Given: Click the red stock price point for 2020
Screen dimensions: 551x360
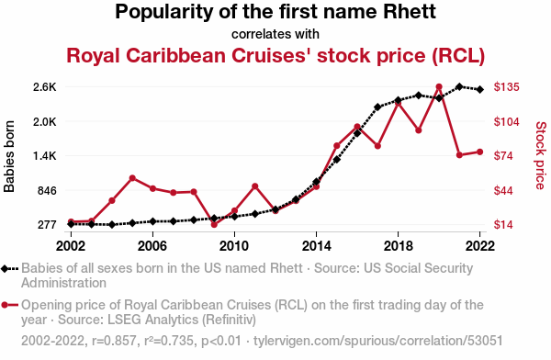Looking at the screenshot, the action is pyautogui.click(x=439, y=87).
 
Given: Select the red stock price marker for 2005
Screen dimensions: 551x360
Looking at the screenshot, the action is pyautogui.click(x=132, y=178).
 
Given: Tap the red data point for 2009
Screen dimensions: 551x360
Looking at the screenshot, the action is pyautogui.click(x=214, y=224).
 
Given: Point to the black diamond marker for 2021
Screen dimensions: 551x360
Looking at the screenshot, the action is pyautogui.click(x=459, y=86).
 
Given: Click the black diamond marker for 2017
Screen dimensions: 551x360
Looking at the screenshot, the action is pyautogui.click(x=377, y=107).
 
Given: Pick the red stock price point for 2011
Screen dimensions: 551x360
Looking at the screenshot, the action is pyautogui.click(x=255, y=186).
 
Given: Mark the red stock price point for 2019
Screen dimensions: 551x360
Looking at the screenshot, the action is pyautogui.click(x=418, y=130).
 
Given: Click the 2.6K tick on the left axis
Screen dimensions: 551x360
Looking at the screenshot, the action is pyautogui.click(x=45, y=87).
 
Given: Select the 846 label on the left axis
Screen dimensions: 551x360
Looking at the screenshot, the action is pyautogui.click(x=47, y=190).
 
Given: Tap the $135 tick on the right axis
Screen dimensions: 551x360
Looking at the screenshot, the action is pyautogui.click(x=506, y=87).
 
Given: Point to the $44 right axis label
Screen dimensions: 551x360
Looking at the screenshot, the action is pyautogui.click(x=503, y=190).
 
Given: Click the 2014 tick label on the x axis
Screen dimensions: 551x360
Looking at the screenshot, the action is pyautogui.click(x=316, y=246).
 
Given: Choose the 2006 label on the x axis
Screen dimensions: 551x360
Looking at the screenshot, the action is pyautogui.click(x=152, y=246).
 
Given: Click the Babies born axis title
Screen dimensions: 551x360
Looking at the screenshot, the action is pyautogui.click(x=9, y=156).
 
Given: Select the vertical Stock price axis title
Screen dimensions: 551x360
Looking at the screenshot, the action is pyautogui.click(x=541, y=155).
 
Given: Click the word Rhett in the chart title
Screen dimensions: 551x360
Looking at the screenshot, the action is pyautogui.click(x=410, y=12).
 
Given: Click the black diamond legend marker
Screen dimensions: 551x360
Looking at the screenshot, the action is pyautogui.click(x=5, y=269).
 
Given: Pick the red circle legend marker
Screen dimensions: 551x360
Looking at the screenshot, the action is pyautogui.click(x=5, y=305).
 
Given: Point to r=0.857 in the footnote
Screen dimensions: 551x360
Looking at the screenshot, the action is pyautogui.click(x=114, y=341).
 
